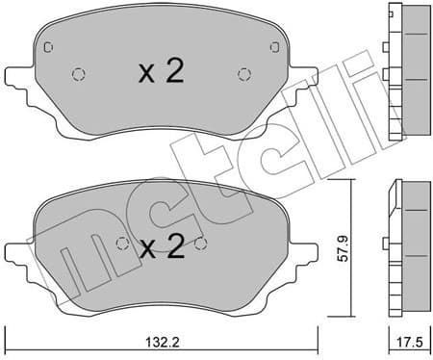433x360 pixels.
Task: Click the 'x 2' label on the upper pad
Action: pos(159,73)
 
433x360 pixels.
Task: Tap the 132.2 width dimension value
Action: pos(160,341)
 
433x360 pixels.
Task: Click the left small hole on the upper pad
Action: pos(79,73)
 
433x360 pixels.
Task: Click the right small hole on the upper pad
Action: pos(243,73)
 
